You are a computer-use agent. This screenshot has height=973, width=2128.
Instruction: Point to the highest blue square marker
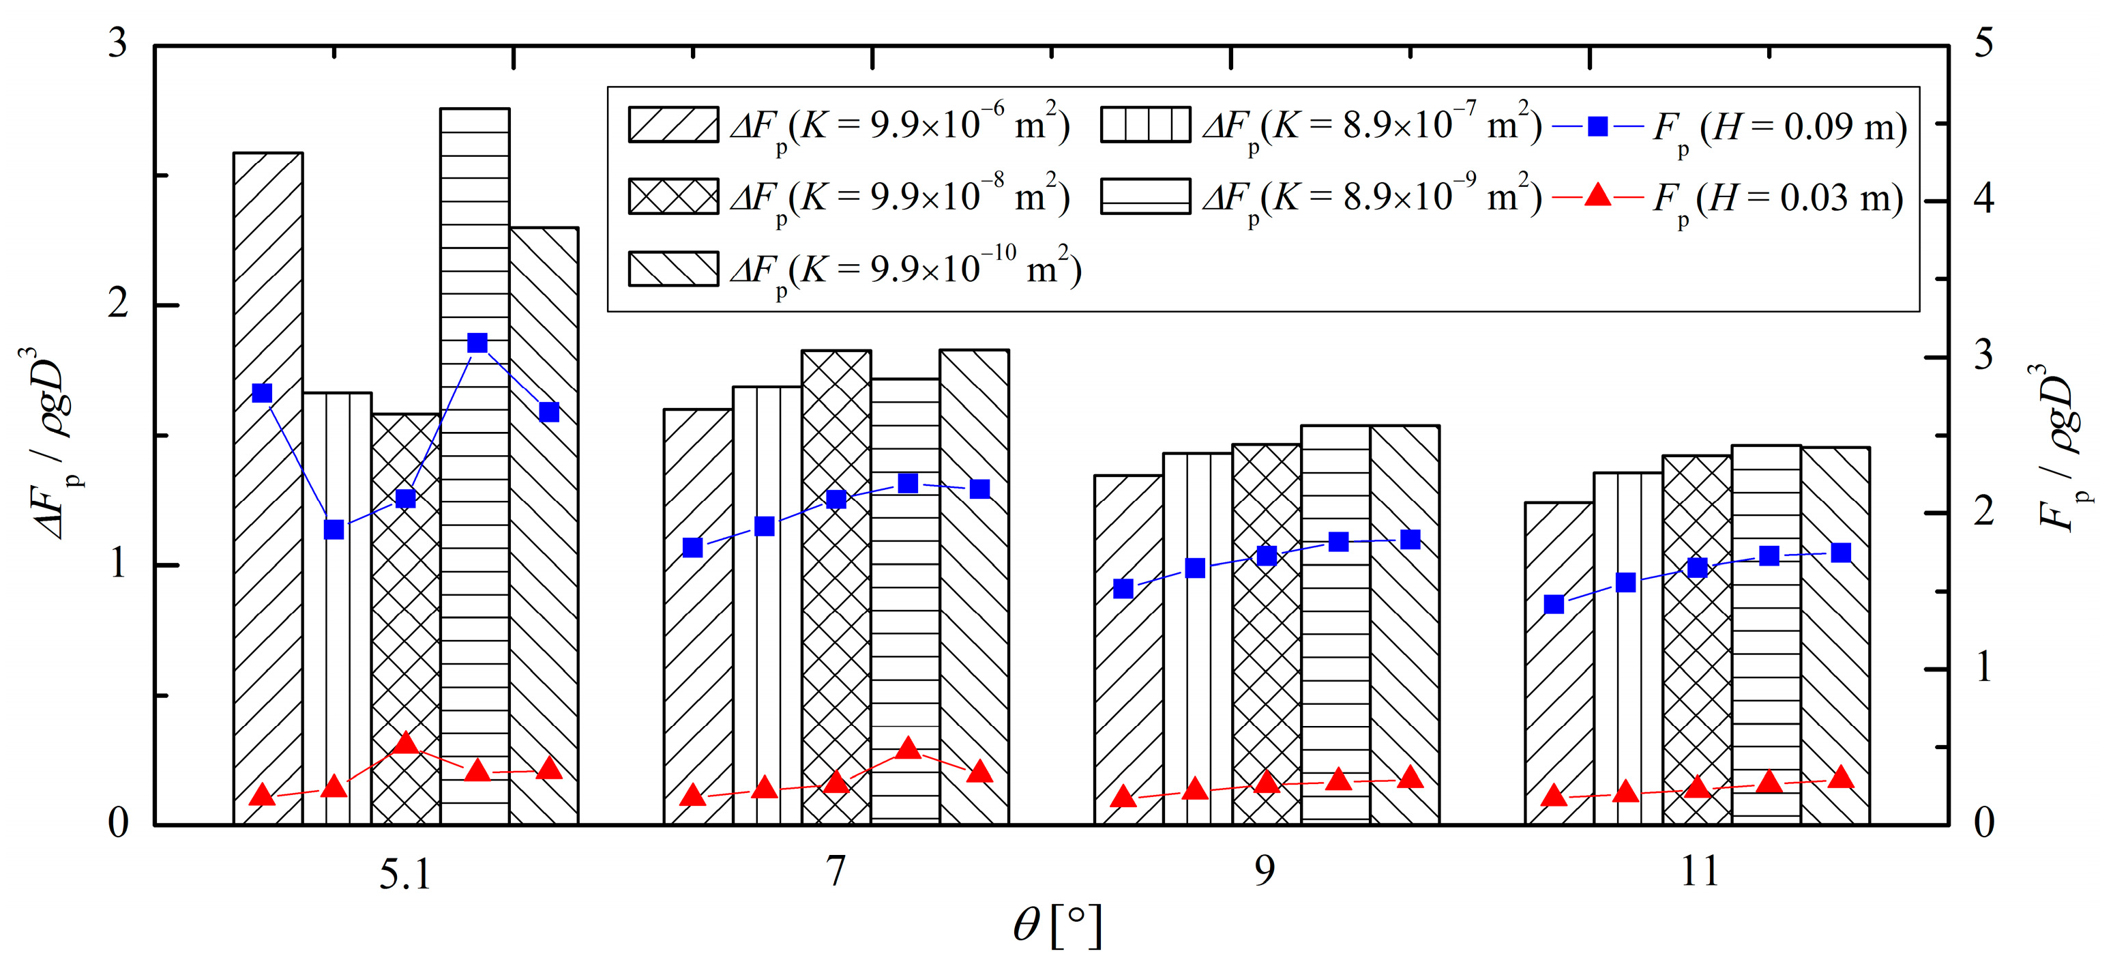[x=477, y=343]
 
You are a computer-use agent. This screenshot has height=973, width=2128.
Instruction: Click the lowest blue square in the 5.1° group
[x=334, y=529]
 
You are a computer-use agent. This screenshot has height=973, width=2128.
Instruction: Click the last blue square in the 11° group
[x=1841, y=552]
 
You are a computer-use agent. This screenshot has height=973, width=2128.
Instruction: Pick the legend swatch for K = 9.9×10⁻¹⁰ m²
[x=673, y=269]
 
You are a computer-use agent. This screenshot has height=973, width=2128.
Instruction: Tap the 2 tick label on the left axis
[x=118, y=304]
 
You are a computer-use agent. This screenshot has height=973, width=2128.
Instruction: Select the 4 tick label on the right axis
[x=1983, y=199]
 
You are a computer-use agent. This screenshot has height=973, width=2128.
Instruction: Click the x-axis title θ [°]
[x=1056, y=926]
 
